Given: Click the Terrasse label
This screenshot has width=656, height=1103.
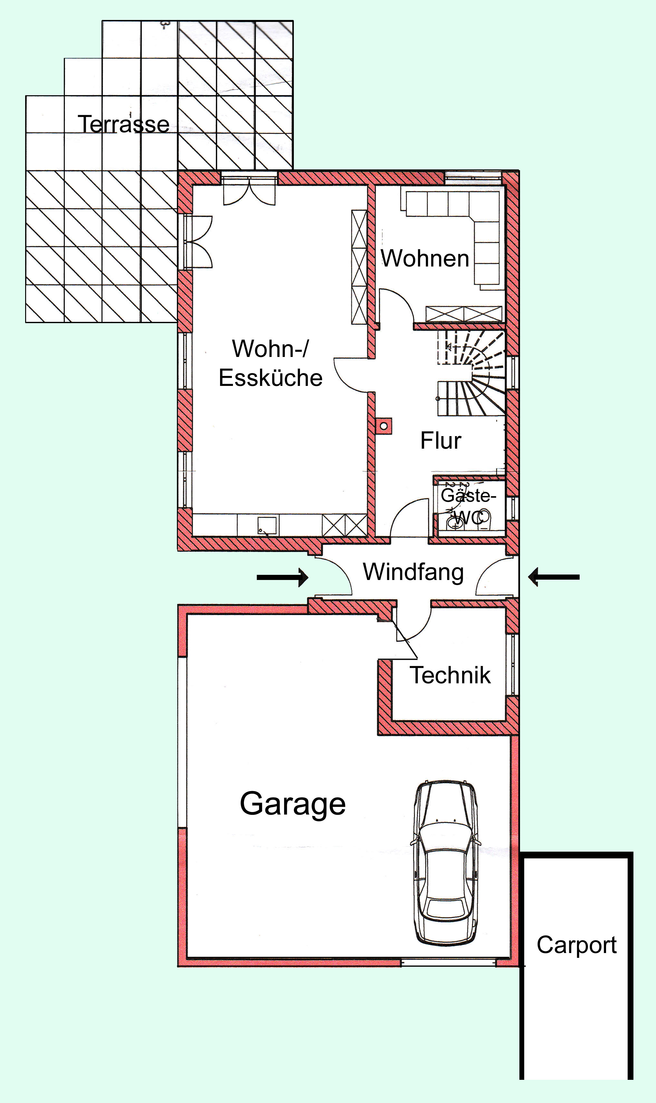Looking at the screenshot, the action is [123, 124].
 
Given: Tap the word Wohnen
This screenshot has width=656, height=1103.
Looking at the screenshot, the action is [425, 258].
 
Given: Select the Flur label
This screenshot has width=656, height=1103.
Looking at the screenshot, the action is [441, 440].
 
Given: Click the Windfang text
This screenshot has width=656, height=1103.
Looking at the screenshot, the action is [413, 572].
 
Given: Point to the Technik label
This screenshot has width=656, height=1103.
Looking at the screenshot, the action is [450, 675].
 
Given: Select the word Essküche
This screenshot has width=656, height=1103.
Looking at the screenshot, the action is [271, 378].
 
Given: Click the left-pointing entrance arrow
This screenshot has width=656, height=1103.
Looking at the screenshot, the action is [554, 577].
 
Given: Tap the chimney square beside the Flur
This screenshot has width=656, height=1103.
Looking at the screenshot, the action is [384, 426].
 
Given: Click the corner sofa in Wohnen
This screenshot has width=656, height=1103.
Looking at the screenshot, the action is [455, 236].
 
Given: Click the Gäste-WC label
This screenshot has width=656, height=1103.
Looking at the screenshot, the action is [468, 506].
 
